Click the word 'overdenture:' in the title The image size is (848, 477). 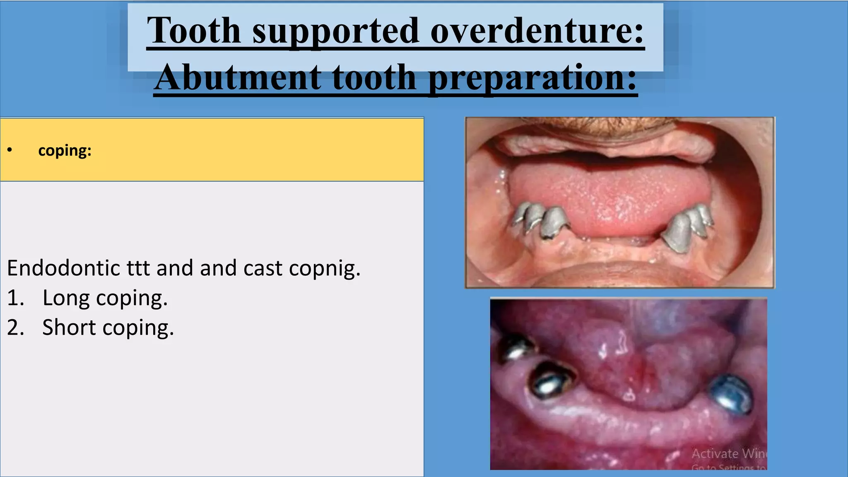pyautogui.click(x=537, y=31)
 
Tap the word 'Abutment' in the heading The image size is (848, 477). pyautogui.click(x=237, y=77)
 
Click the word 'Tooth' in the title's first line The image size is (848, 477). pyautogui.click(x=194, y=31)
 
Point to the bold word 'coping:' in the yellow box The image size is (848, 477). pyautogui.click(x=65, y=150)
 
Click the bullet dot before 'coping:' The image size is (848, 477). pyautogui.click(x=10, y=150)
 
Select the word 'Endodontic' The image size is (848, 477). pyautogui.click(x=63, y=268)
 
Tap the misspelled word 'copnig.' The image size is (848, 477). pyautogui.click(x=325, y=269)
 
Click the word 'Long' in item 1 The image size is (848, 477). pyautogui.click(x=65, y=298)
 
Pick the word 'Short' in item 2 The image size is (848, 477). pyautogui.click(x=69, y=328)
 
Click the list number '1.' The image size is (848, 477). pyautogui.click(x=15, y=298)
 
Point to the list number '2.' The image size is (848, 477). pyautogui.click(x=16, y=328)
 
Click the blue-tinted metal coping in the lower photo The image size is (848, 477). pyautogui.click(x=731, y=393)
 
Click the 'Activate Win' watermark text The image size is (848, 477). pyautogui.click(x=728, y=453)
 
